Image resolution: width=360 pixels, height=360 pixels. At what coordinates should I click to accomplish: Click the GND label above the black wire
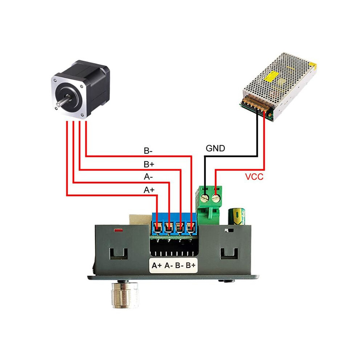click(215, 148)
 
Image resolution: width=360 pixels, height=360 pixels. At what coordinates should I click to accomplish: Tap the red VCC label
click(254, 177)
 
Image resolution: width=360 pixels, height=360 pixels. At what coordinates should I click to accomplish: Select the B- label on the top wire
click(148, 151)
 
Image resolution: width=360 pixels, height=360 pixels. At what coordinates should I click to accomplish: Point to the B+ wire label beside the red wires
click(149, 164)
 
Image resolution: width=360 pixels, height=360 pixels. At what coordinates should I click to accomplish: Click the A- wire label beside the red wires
click(148, 177)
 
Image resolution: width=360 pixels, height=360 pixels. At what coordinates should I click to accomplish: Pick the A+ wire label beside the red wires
click(149, 190)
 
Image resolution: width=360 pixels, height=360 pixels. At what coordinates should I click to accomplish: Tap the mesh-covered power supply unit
click(278, 87)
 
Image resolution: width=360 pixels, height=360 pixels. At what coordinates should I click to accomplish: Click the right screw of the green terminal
click(216, 198)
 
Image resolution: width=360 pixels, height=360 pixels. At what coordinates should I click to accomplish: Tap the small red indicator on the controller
click(119, 230)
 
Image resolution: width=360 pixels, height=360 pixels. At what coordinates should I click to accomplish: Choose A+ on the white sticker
click(157, 266)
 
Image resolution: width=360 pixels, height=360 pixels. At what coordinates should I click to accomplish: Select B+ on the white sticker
click(191, 265)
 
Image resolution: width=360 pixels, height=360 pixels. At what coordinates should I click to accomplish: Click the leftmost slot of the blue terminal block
click(157, 228)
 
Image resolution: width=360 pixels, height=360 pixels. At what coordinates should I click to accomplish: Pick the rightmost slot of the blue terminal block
click(191, 228)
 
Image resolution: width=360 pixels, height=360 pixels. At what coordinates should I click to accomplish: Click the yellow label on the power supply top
click(271, 76)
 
